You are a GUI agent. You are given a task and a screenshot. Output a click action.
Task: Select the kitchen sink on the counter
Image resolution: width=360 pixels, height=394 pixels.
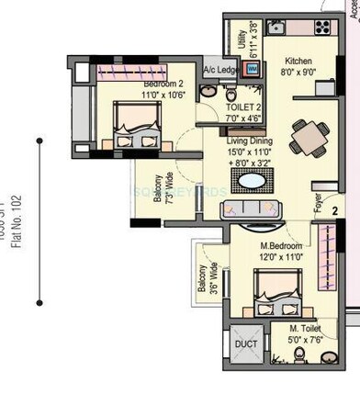(x=276, y=28)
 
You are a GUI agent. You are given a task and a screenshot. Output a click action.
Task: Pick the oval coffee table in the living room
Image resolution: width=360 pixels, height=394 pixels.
(x=251, y=179)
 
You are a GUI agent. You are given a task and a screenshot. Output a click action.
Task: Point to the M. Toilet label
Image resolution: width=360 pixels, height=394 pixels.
(x=306, y=329)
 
